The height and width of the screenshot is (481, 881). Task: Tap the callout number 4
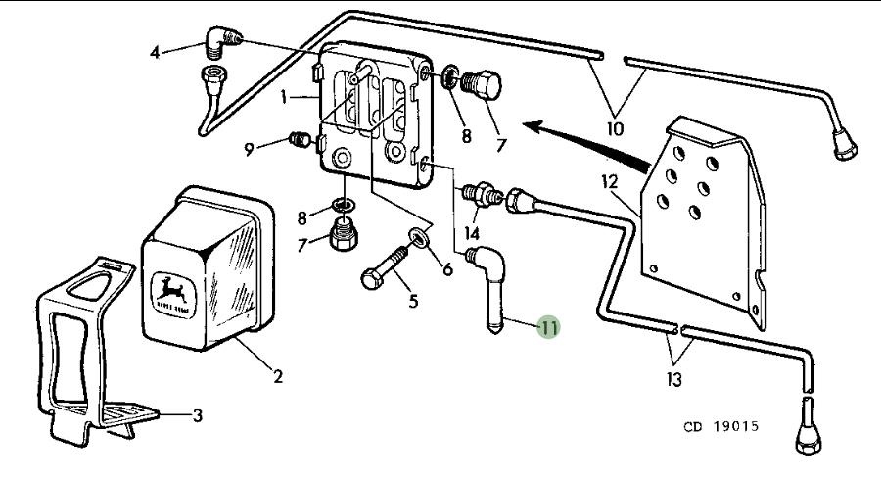click(155, 52)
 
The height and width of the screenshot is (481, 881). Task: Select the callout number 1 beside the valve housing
click(283, 98)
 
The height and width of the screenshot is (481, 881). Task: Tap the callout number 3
click(197, 416)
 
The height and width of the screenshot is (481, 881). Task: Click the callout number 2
click(278, 376)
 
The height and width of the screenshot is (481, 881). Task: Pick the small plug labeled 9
click(301, 143)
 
